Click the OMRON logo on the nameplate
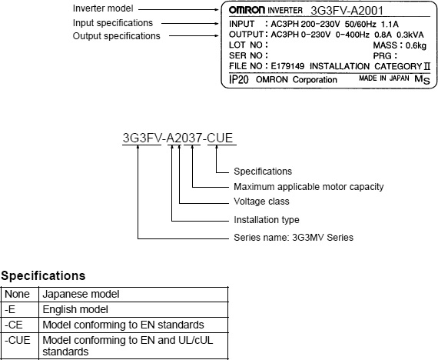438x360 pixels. coord(247,10)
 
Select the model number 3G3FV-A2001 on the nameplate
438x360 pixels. coord(347,11)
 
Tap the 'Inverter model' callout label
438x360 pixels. coord(103,8)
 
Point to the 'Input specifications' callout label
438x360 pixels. coord(113,23)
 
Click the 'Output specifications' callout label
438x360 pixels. coord(117,36)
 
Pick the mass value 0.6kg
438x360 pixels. coord(416,45)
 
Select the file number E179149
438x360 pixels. coord(287,66)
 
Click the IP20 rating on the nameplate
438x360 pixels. coord(238,79)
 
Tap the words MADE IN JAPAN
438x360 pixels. coord(383,78)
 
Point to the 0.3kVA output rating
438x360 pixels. coord(410,35)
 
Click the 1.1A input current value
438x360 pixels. coord(390,24)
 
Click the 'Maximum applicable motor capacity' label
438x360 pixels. coord(309,187)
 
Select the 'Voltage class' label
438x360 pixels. coord(261,202)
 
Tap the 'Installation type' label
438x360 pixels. coord(267,220)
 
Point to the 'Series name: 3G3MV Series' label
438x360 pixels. coord(294,238)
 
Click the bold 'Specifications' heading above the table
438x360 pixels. coord(43,276)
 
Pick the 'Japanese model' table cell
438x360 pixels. coord(81,294)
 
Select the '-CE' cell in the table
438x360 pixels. coord(13,325)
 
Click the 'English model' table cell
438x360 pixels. coord(75,309)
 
